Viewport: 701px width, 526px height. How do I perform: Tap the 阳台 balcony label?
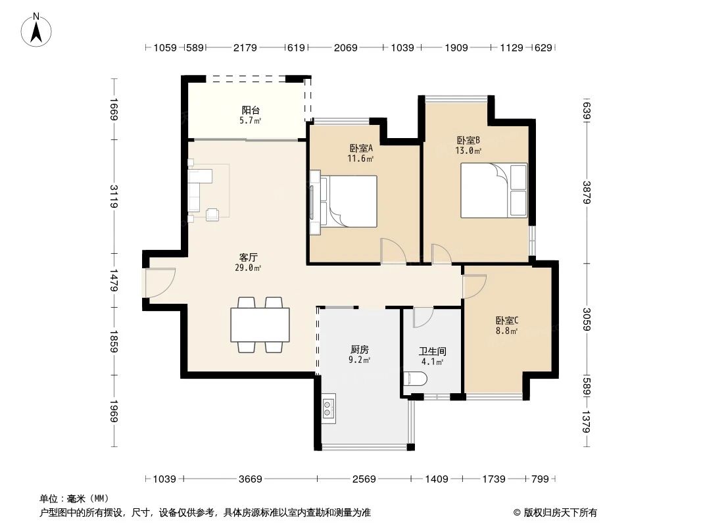click(250, 110)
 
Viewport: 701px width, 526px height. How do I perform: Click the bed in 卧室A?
click(347, 201)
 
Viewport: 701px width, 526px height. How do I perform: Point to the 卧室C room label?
click(507, 321)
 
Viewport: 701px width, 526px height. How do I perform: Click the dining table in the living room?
click(260, 324)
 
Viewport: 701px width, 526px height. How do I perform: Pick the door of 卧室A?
click(393, 251)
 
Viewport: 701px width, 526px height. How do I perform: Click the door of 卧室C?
click(473, 285)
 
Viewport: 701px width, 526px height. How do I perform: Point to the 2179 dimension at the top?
click(245, 48)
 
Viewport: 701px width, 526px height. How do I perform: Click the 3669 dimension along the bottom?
click(250, 479)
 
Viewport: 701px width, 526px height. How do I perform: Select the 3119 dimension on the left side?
click(114, 196)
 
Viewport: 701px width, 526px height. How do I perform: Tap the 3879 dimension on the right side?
click(586, 191)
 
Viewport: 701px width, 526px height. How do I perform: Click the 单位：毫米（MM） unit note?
click(74, 498)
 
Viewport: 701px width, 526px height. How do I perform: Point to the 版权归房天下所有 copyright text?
click(555, 512)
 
